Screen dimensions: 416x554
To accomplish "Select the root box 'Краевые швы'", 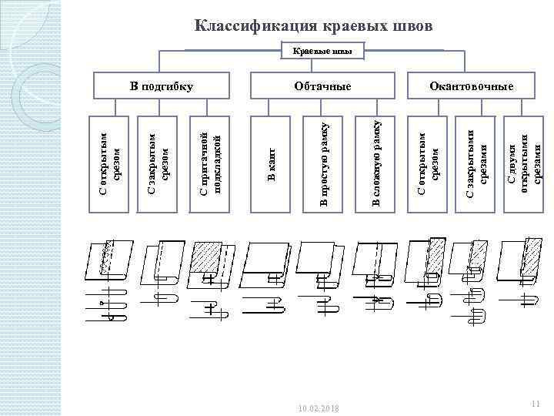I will [322, 52].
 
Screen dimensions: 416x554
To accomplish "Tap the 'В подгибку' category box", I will [161, 86].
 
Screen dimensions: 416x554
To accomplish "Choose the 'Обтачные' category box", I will [322, 86].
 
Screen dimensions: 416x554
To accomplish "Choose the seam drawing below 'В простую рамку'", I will [323, 273].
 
